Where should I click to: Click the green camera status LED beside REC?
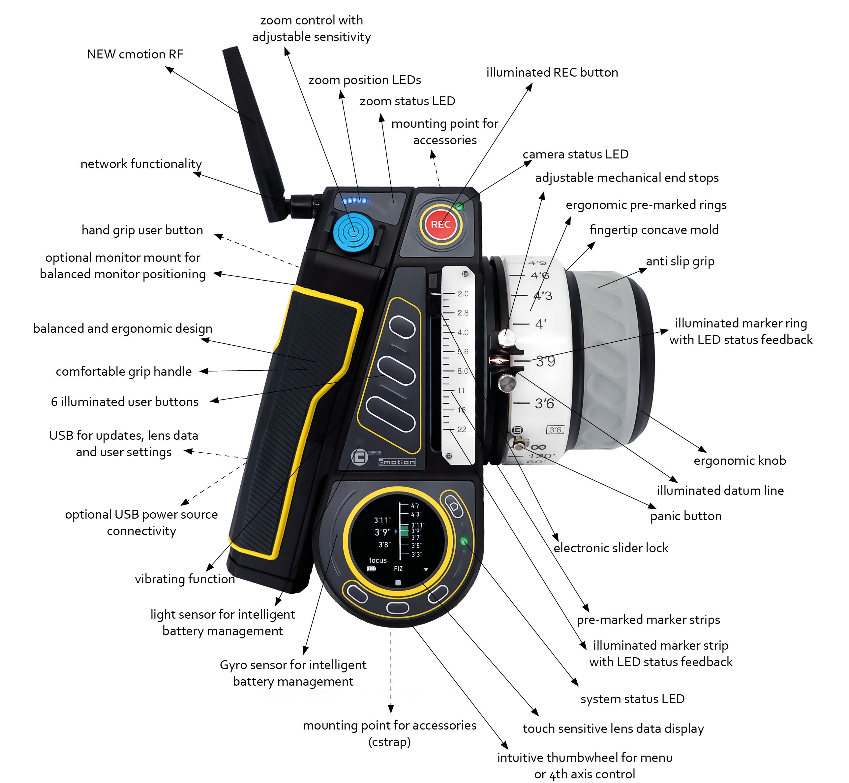[460, 206]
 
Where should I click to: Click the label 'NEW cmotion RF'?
[135, 54]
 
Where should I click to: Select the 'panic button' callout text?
[686, 516]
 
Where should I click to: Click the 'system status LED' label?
[632, 699]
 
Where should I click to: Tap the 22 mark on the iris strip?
[461, 429]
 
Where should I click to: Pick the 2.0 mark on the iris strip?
[463, 294]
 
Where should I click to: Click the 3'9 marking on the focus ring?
[545, 361]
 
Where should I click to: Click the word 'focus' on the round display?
[378, 560]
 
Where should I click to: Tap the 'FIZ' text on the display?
[398, 569]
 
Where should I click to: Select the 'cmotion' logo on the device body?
[397, 462]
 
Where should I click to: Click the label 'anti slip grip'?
[680, 261]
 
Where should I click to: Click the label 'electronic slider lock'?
[611, 548]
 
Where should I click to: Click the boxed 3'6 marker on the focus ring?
[555, 430]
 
